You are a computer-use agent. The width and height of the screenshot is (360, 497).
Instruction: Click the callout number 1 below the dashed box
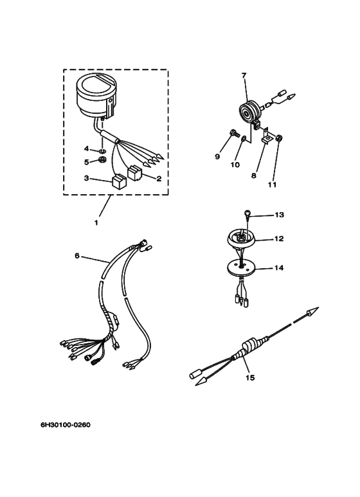pos(96,222)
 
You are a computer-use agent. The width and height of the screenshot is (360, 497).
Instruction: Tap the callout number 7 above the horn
pos(244,75)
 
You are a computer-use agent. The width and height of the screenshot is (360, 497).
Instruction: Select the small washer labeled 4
pos(102,150)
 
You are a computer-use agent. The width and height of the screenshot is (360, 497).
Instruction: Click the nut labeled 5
pos(103,159)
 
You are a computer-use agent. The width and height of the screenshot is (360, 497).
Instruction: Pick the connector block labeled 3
pos(119,182)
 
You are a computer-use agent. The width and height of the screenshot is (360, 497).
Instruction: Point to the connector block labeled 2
pos(134,174)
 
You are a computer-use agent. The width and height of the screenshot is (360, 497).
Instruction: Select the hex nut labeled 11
pos(279,138)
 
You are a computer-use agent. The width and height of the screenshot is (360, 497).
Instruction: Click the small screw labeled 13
pos(248,213)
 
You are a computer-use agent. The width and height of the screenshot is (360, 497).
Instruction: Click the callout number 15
pos(250,377)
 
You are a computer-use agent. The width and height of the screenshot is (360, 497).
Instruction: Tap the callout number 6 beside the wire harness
pos(77,255)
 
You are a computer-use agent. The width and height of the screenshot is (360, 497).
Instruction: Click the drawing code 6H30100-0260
pos(66,424)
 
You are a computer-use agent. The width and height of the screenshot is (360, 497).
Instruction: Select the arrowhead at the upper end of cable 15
pos(312,311)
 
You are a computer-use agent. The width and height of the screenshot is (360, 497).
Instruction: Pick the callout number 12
pos(279,239)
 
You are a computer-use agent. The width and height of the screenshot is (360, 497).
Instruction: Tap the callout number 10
pos(235,165)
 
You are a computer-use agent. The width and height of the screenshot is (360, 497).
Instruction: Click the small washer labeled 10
pos(244,139)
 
